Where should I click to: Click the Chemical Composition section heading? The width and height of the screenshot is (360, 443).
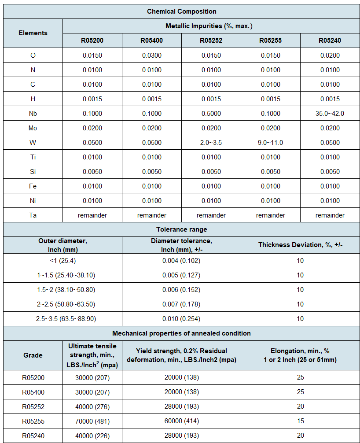pos(181,11)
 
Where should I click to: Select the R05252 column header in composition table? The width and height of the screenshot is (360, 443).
pos(211,41)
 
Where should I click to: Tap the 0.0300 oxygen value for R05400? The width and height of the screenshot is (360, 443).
pos(152,55)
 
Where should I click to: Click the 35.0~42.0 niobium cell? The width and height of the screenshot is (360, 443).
pos(330,114)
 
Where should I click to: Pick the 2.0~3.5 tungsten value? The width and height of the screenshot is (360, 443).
pos(211,143)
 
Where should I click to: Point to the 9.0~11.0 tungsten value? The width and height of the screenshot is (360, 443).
pos(270,143)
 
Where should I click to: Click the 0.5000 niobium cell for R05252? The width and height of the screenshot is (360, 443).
pos(211,114)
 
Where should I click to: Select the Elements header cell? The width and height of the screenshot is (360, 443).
pos(33,33)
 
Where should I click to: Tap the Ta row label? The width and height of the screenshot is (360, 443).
pos(33,215)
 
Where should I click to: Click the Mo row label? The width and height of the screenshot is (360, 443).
pos(33,128)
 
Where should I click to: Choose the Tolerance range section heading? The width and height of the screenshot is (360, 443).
pos(181,229)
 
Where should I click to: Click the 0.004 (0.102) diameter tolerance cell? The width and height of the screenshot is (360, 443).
pos(181,261)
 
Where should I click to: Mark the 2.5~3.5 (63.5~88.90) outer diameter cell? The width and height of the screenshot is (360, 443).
pos(62,319)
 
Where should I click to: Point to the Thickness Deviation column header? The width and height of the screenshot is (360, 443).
pos(300,245)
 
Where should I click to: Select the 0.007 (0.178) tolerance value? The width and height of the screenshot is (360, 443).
pos(181,304)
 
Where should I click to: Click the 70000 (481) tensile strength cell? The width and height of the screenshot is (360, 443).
pos(92,421)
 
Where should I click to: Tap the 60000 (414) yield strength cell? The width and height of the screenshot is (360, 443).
pos(181,421)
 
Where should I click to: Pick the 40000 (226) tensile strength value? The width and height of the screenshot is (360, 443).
pos(92,436)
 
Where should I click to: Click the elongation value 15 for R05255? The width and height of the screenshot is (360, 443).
pos(300,421)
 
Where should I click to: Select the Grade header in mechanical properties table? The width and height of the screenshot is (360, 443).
pos(33,355)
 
